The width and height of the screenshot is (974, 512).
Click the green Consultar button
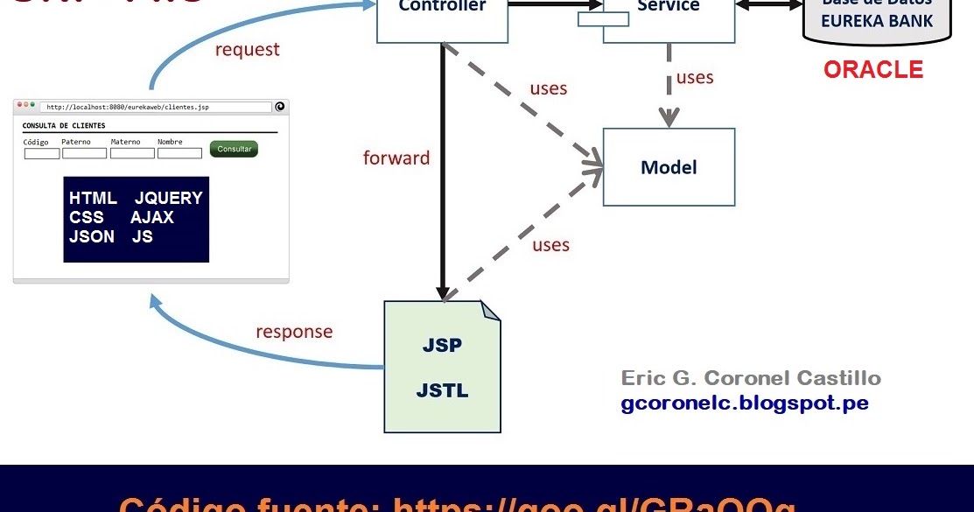pos(234,149)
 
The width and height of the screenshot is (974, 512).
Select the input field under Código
pos(41,153)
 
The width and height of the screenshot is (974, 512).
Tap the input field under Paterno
pos(84,153)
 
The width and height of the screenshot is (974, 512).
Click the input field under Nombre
pos(179,153)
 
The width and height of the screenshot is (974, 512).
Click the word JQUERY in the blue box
pos(168,198)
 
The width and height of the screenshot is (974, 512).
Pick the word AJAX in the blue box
pos(152,217)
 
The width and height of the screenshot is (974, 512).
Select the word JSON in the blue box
pos(92,236)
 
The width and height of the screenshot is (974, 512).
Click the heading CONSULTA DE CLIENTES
pos(64,126)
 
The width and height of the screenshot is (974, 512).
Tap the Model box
pos(669,167)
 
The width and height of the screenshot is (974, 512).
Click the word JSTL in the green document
pos(442,390)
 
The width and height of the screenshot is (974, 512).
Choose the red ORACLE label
pos(872,70)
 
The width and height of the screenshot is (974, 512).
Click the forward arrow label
pos(396,158)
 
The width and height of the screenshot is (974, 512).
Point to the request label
pos(248,50)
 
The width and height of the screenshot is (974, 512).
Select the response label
pos(294,332)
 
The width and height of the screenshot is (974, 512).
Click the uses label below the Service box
pos(695,78)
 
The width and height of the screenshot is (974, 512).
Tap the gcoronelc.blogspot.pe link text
pos(745,403)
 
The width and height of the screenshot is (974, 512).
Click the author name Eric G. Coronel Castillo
pos(751,378)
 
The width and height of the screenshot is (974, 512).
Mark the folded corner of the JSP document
pos(491,311)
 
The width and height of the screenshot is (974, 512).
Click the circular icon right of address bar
pos(280,107)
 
